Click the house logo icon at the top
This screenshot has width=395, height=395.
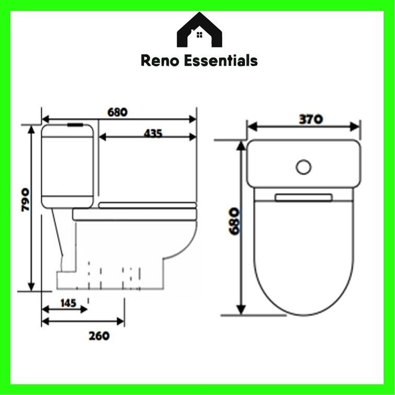pos(199,31)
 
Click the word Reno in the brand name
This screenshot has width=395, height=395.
pos(160,61)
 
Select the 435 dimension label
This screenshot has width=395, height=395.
pos(153,133)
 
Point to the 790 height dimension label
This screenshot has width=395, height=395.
pos(25,200)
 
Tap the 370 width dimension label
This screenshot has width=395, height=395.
pos(310,119)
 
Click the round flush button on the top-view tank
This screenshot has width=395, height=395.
pos(303,167)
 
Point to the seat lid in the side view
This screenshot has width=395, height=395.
pos(147,205)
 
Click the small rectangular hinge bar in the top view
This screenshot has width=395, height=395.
pos(304,197)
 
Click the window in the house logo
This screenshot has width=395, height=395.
pos(199,35)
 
